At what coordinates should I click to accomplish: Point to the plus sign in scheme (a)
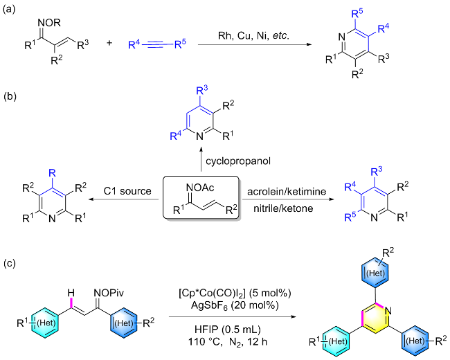110,44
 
